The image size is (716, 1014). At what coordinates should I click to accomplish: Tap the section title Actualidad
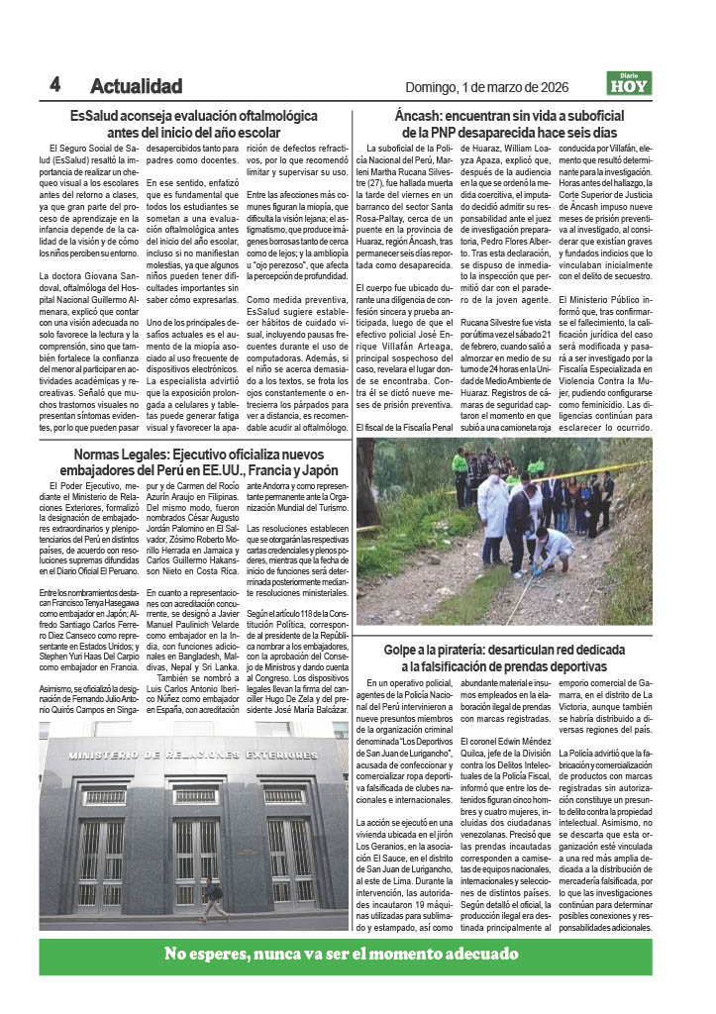[x=136, y=86]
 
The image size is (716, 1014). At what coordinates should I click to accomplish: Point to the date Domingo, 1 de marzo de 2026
[x=487, y=87]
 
